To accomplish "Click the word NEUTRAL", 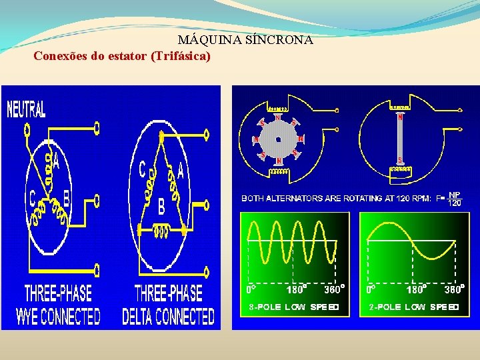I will [27, 109].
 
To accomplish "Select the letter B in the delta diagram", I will [161, 207].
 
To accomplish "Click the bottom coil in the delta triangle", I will [161, 231].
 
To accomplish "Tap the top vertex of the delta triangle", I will [161, 136].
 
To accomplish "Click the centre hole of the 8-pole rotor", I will [279, 139].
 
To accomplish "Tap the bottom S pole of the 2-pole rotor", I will [400, 160].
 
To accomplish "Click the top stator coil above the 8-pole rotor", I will [278, 109].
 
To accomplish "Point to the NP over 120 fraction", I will [454, 198].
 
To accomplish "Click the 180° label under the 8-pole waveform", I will [297, 289].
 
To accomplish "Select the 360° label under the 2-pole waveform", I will [453, 289].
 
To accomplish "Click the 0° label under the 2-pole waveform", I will [369, 289].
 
